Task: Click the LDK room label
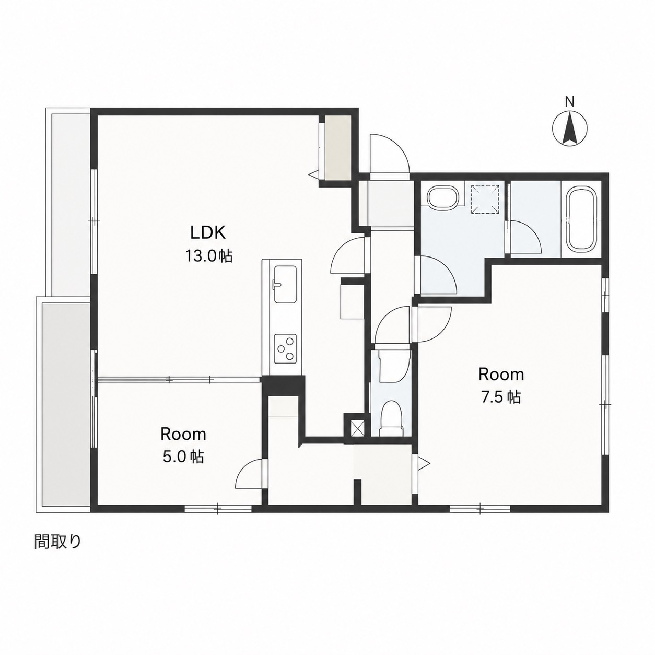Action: click(207, 233)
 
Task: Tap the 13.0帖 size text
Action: click(208, 256)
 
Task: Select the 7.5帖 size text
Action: click(501, 397)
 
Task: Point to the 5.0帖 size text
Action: click(183, 457)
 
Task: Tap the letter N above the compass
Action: click(570, 102)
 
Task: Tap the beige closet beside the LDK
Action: click(337, 147)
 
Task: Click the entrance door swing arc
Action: click(390, 154)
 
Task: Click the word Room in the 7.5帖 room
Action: click(501, 374)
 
